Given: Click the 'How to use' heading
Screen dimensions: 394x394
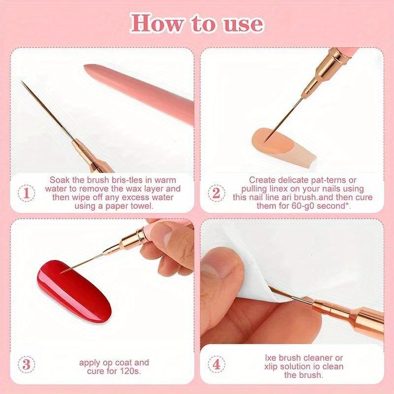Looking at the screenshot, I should pos(197,23).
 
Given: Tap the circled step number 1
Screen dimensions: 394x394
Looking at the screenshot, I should pos(26,193).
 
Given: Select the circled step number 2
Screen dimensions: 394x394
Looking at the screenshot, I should pos(216,193).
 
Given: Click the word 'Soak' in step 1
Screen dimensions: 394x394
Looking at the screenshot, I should pos(61,180).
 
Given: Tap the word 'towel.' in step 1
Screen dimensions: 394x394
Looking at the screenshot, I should pos(141,206).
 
